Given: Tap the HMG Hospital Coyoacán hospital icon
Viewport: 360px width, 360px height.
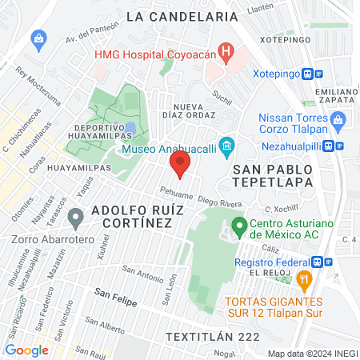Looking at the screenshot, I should [x=228, y=54].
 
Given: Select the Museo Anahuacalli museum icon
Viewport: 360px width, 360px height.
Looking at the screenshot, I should [x=227, y=146].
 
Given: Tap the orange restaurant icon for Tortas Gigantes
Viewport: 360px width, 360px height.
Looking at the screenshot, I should [x=303, y=280].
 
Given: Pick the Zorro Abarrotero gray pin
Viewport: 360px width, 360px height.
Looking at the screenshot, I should [x=76, y=217].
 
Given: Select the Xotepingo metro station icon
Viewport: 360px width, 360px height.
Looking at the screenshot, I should [x=318, y=73].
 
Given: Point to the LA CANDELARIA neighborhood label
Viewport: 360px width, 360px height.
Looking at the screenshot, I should [x=182, y=16].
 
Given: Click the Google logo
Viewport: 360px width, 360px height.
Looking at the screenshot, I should [x=27, y=350].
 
